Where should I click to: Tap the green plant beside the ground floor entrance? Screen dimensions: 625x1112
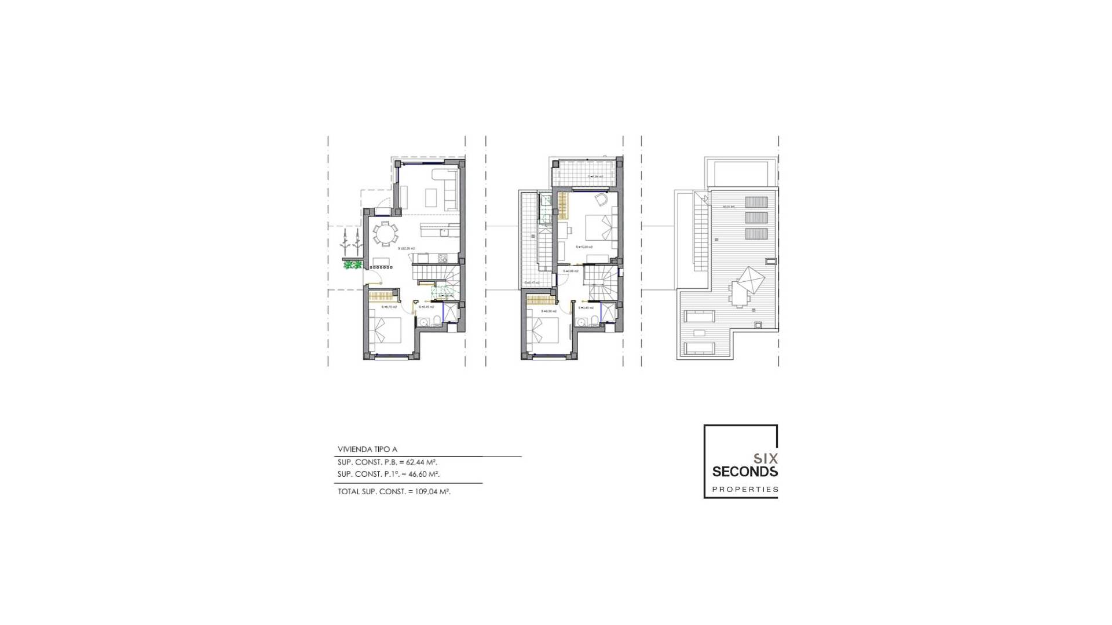(351, 265)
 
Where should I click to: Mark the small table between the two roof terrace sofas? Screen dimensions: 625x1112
(700, 333)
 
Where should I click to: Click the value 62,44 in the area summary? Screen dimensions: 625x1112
(418, 462)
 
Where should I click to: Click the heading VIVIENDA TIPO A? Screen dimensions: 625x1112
(367, 449)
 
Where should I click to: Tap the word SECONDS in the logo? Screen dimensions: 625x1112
(745, 472)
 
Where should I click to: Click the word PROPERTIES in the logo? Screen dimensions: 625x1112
(745, 490)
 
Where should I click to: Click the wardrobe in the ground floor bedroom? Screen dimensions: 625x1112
(381, 297)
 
